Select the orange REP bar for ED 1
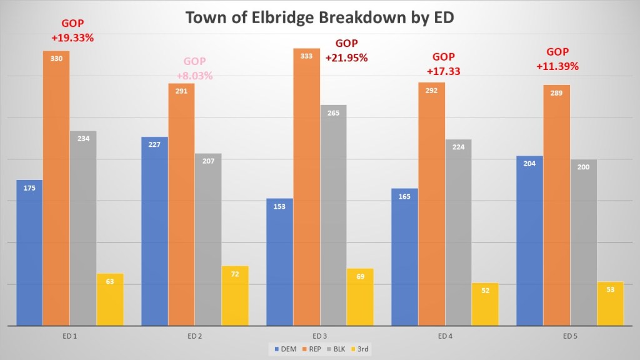point(56,187)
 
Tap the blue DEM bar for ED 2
point(154,231)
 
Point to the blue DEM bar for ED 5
point(529,241)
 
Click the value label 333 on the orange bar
point(306,56)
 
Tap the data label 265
point(333,112)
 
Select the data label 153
point(279,206)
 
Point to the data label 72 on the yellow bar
point(235,274)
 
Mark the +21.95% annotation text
point(346,57)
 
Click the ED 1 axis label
point(70,336)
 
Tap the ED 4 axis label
point(445,336)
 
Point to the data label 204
point(529,164)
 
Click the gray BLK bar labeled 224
point(458,231)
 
